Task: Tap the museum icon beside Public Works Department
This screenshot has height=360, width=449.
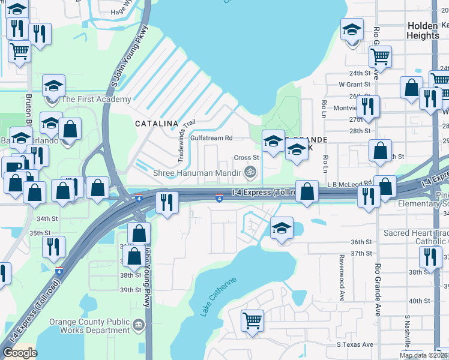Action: (139, 325)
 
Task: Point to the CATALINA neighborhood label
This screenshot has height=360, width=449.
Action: (157, 123)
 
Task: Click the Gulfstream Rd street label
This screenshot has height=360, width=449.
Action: (211, 138)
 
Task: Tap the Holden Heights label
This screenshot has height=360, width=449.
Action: (423, 31)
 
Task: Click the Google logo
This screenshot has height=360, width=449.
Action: (20, 353)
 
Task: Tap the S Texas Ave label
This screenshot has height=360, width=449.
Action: (355, 345)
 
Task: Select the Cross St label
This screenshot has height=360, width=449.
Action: (246, 158)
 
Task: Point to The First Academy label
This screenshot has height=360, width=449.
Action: (96, 99)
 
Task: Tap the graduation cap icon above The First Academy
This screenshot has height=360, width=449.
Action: (53, 85)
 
